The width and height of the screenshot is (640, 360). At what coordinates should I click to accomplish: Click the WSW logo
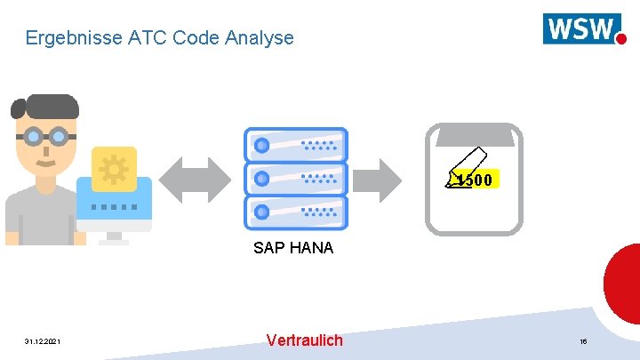[x=583, y=28]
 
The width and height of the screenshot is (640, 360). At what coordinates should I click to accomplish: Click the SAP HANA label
[x=293, y=248]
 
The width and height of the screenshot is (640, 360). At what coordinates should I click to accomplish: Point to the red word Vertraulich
[x=304, y=340]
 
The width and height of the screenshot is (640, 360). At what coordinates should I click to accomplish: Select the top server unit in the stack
[x=295, y=144]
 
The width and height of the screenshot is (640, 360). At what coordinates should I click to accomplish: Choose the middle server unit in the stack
[x=295, y=178]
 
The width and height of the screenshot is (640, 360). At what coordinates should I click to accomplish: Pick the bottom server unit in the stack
[x=295, y=212]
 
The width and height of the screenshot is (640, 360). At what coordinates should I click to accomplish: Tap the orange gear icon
[x=114, y=169]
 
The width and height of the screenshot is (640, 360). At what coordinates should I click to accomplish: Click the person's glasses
[x=44, y=137]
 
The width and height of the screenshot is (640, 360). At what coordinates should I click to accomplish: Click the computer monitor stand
[x=114, y=237]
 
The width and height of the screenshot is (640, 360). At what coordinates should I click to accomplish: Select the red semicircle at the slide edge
[x=624, y=283]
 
